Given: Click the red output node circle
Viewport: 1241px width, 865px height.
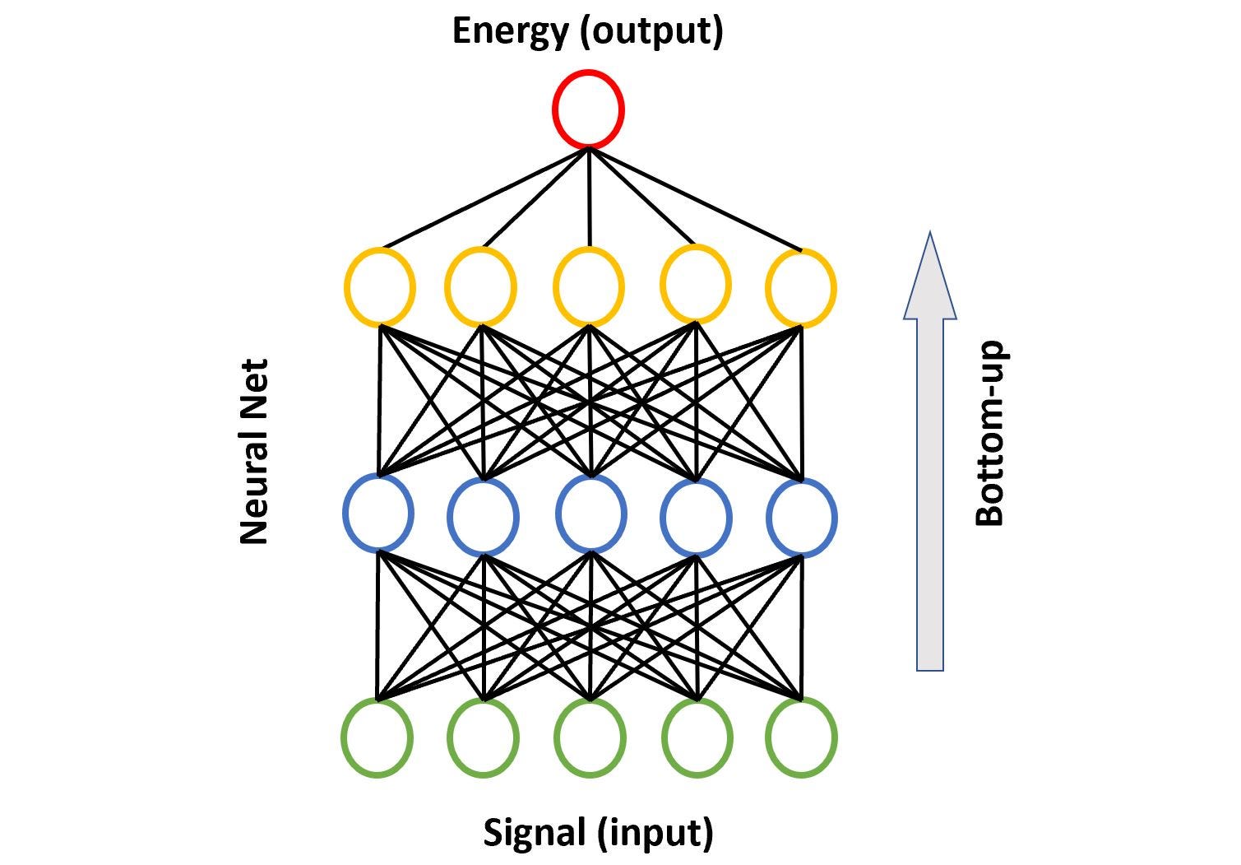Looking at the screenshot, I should point(588,109).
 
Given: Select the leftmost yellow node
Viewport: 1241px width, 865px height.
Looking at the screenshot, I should point(379,287).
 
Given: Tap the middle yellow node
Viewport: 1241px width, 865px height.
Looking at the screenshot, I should point(588,287).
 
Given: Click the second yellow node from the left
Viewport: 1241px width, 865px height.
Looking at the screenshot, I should point(481,287).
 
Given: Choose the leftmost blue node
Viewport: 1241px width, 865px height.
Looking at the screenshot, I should point(377,513).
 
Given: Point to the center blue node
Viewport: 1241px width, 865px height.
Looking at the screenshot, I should point(591,515).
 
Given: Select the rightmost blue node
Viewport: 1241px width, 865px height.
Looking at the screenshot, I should point(802,518).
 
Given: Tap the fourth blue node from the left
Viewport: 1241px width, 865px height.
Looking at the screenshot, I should point(696,518).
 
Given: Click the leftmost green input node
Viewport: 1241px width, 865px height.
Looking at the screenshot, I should point(377,737).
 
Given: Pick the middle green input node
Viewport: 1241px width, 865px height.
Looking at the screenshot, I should point(590,737).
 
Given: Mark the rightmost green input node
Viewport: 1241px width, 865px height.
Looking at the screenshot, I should point(801,737).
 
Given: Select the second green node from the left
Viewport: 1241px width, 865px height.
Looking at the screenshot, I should point(484,737).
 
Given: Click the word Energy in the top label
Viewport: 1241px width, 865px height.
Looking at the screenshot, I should point(510,31).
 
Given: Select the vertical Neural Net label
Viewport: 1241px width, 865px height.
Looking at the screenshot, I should point(254,451).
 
